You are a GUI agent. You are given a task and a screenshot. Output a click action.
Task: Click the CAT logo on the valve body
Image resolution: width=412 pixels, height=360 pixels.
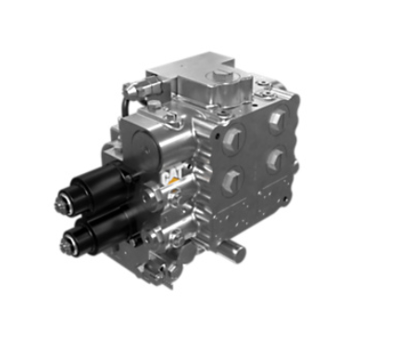click(x=173, y=177)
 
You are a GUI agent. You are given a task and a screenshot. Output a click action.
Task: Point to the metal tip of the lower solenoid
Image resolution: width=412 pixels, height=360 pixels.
click(x=66, y=243)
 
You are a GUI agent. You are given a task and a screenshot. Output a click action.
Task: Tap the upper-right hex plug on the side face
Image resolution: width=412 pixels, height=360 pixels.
click(x=277, y=118)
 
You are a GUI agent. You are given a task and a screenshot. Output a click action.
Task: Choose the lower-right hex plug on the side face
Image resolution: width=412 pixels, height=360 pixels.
click(x=275, y=159)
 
